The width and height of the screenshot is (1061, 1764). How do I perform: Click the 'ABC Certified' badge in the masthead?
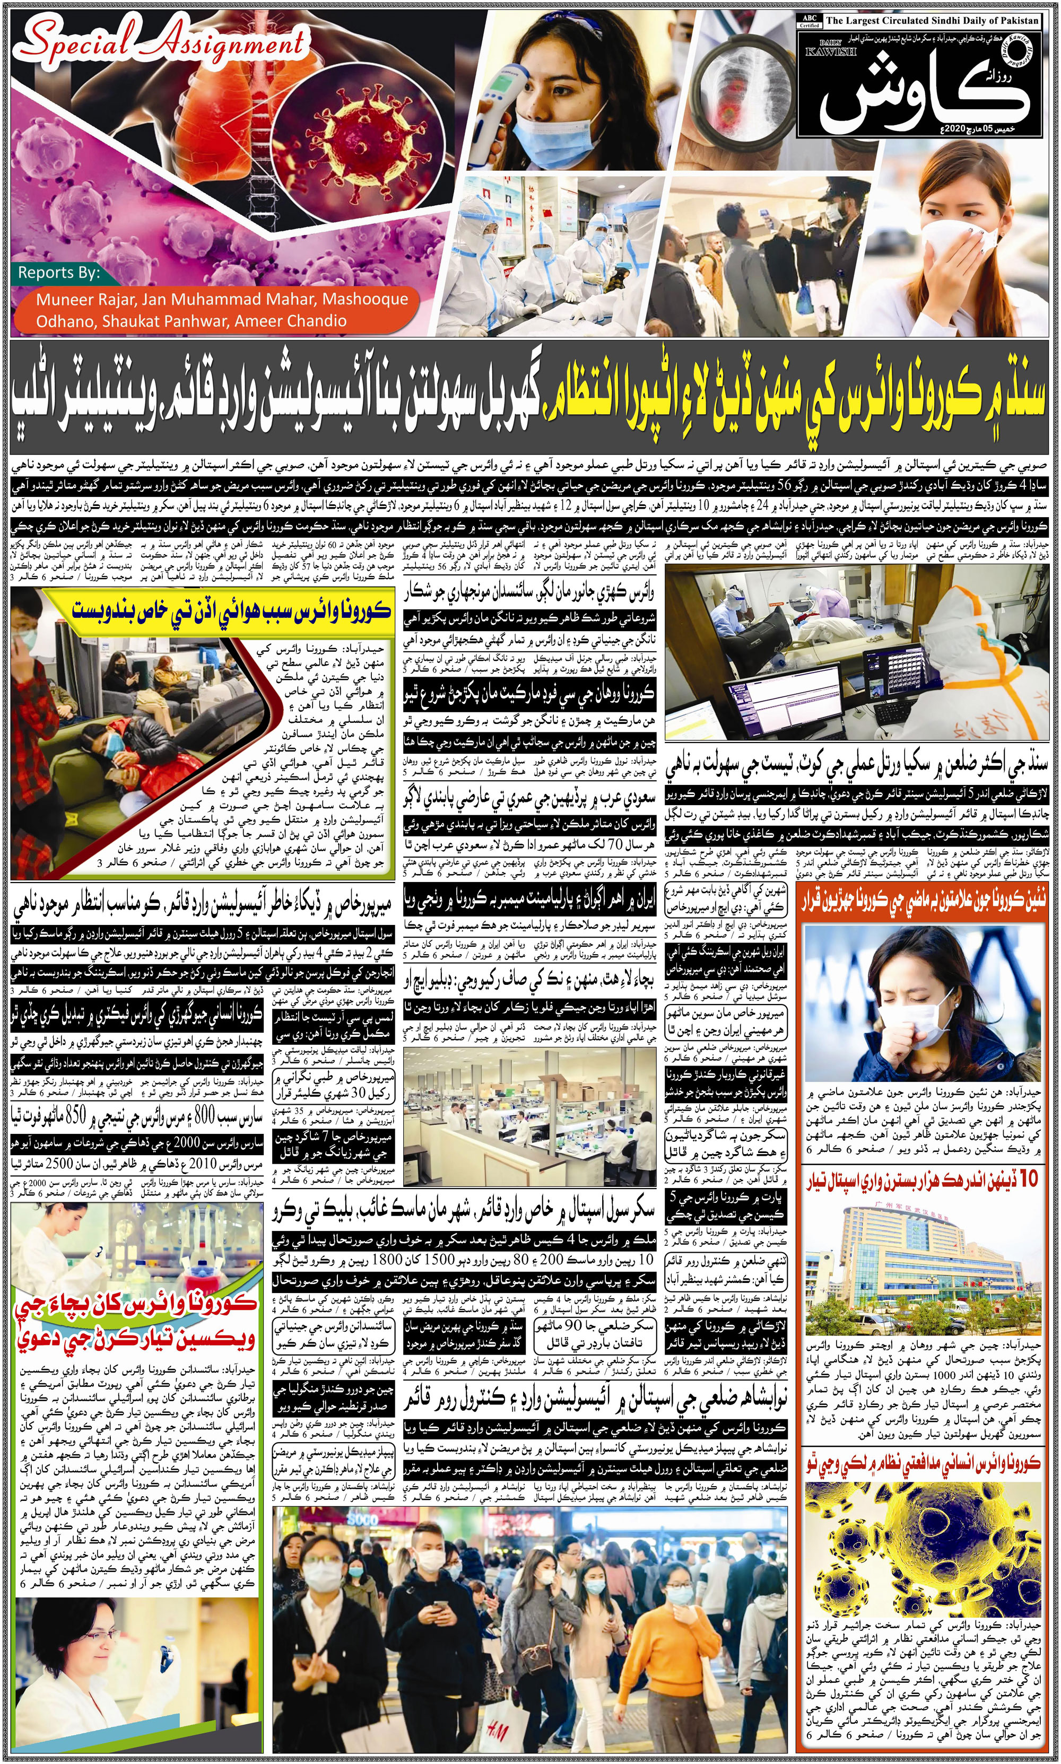[x=810, y=21]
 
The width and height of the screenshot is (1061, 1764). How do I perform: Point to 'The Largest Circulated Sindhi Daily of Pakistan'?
[x=932, y=21]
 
